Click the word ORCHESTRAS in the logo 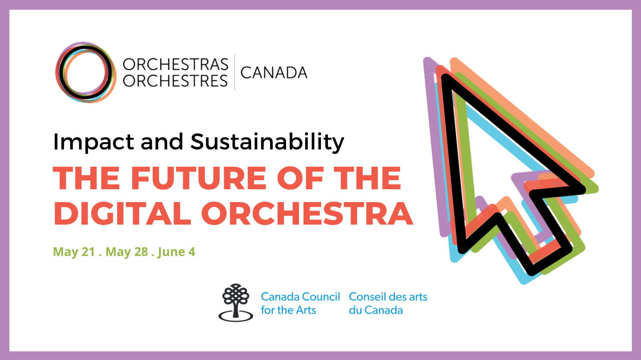176,64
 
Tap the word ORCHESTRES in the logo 176,81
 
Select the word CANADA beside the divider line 274,73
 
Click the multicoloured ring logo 86,72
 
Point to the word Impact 94,142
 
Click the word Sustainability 267,142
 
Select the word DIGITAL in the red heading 122,213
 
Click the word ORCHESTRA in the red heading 307,213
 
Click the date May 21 74,252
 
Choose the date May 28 127,252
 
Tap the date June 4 177,252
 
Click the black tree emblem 236,303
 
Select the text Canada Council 300,297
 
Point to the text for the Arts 288,310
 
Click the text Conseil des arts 388,297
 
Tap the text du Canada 376,310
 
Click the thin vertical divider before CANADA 235,72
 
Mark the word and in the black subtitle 162,142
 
